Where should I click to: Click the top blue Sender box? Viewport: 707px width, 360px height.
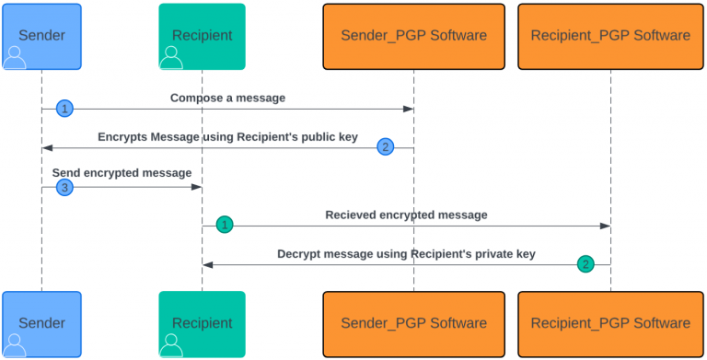(41, 36)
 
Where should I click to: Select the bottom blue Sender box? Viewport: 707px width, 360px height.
(41, 323)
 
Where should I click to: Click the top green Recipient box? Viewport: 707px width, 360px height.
(202, 36)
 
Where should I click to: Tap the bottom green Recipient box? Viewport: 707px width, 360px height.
(202, 323)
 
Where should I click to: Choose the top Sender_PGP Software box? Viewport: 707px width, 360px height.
(413, 36)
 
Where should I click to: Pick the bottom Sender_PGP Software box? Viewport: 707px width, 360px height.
(413, 323)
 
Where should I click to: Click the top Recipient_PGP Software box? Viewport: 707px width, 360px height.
(610, 36)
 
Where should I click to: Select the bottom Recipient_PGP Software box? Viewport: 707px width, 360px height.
(610, 323)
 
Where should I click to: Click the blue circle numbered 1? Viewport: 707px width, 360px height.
(64, 109)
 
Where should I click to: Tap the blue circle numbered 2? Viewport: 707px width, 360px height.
(386, 147)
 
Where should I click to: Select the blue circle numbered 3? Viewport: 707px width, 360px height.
(64, 187)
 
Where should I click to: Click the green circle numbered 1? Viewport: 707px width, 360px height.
(225, 225)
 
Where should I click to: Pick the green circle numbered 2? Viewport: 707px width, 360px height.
(585, 264)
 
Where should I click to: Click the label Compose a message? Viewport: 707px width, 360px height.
(227, 98)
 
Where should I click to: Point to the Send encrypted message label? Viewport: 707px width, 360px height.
(122, 173)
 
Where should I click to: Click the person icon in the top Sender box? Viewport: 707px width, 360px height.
(16, 58)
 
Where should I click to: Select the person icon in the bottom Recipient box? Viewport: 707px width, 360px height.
(171, 345)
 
